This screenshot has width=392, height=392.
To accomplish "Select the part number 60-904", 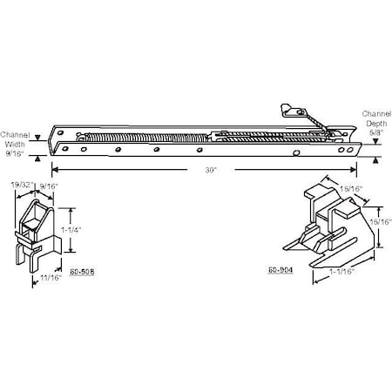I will [280, 269].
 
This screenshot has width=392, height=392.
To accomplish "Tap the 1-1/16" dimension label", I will [341, 271].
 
